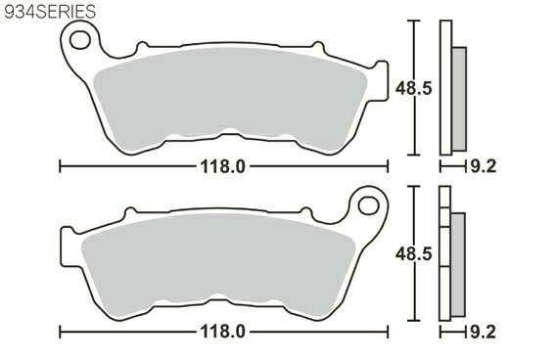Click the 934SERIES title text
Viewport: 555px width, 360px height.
(50, 12)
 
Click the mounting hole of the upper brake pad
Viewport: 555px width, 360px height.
(80, 40)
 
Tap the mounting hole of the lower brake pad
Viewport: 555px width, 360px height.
(368, 205)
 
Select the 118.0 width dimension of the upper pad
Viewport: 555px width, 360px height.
(222, 166)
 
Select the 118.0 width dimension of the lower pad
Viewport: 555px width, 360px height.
(222, 332)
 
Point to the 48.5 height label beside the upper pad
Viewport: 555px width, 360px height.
(413, 88)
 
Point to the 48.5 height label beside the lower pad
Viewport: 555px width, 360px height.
(413, 253)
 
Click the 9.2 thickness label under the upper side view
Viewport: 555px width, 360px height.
(484, 166)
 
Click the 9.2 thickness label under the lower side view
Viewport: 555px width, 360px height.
(484, 333)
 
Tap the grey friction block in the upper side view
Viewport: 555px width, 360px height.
(459, 99)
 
